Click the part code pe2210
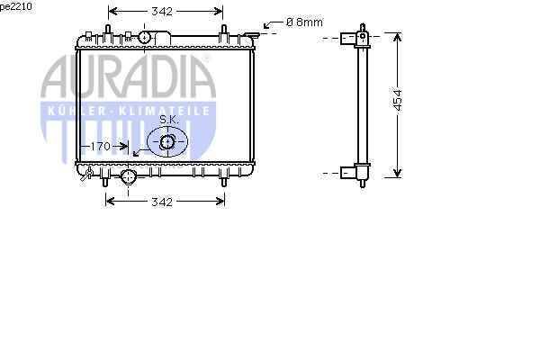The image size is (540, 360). [16, 6]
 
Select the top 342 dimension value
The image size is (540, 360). [162, 12]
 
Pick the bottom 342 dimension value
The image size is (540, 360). [162, 202]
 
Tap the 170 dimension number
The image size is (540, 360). [100, 147]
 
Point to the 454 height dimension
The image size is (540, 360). [398, 101]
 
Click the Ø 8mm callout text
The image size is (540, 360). [304, 22]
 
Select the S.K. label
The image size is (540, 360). [169, 120]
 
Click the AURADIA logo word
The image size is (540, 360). [128, 76]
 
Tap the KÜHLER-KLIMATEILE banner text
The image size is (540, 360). [129, 111]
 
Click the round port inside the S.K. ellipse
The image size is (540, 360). [167, 142]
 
